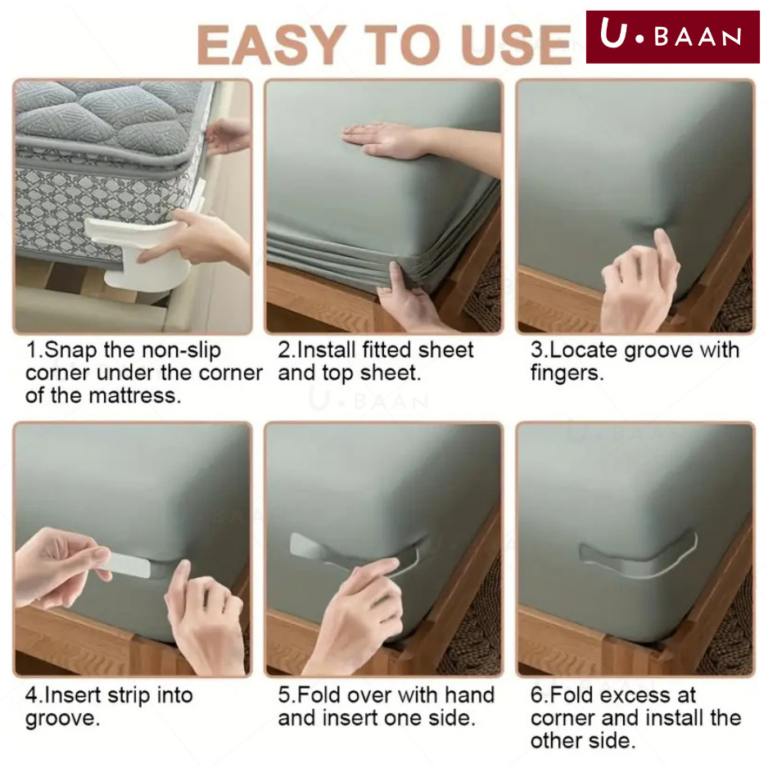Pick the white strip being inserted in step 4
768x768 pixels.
[x=129, y=565]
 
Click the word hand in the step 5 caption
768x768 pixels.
[x=469, y=695]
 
